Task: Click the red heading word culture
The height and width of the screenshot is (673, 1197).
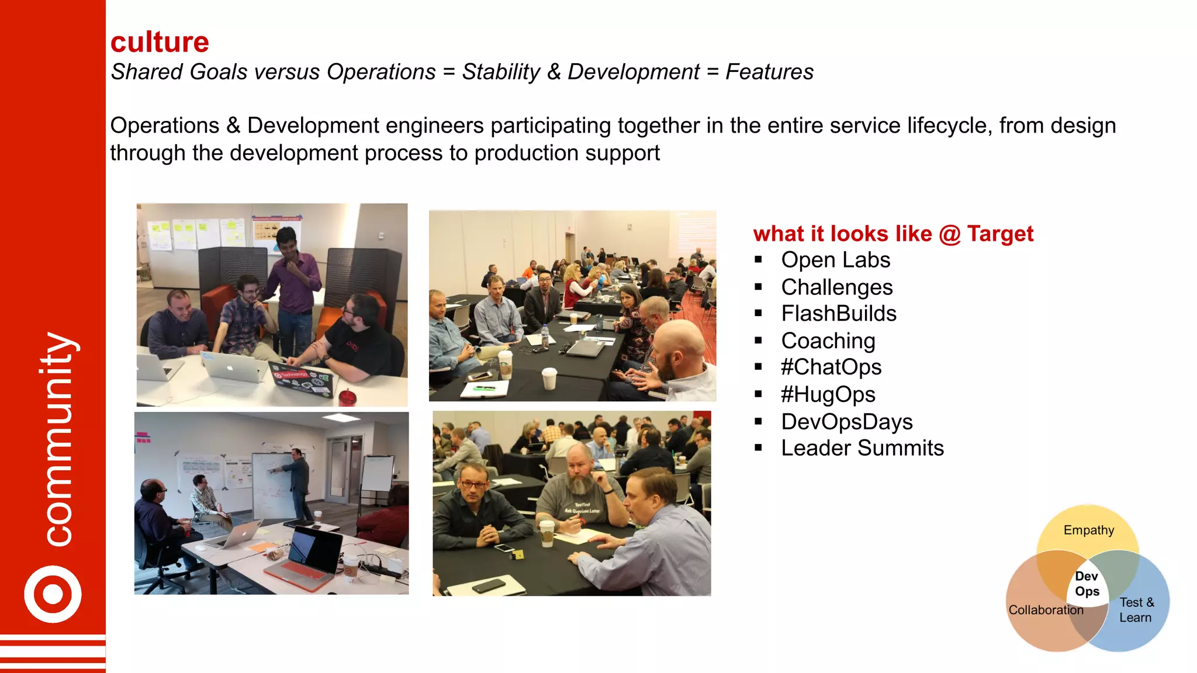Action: [x=160, y=43]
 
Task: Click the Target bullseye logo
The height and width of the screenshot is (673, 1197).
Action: [x=53, y=594]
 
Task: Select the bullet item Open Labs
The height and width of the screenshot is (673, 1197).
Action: [x=835, y=260]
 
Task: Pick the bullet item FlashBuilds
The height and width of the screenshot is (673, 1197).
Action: [x=838, y=314]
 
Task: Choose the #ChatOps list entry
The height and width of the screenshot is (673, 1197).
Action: [x=831, y=367]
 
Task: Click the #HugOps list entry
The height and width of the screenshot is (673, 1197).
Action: [x=828, y=395]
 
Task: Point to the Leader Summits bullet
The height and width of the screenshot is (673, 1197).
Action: [x=862, y=448]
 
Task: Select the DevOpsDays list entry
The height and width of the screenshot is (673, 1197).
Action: [x=846, y=422]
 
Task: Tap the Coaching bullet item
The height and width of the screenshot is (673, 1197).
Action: [x=828, y=341]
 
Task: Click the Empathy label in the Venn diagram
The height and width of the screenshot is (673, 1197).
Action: [x=1088, y=530]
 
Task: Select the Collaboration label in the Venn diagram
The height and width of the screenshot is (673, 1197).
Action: [x=1046, y=610]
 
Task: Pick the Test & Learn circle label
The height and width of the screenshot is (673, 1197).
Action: [x=1136, y=610]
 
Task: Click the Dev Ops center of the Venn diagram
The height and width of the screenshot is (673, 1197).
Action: [x=1087, y=584]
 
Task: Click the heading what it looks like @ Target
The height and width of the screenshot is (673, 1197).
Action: [x=893, y=234]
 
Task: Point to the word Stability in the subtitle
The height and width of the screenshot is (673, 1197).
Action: [x=501, y=72]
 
